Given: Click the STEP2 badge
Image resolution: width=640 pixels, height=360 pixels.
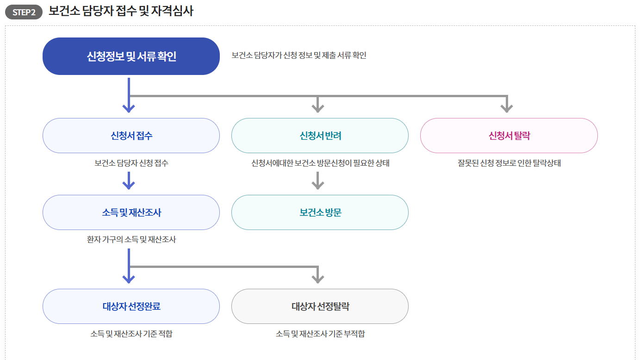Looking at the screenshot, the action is tap(24, 12).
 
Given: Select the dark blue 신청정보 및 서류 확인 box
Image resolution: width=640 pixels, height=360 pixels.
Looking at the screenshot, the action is tap(131, 56).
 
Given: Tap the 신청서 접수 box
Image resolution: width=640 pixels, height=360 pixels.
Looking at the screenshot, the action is tap(131, 136).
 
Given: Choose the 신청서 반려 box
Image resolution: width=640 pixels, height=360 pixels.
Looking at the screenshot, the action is tap(320, 136).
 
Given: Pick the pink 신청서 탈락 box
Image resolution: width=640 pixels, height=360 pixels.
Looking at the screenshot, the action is tap(509, 136).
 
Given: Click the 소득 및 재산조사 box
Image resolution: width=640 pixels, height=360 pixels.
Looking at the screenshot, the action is tap(131, 212).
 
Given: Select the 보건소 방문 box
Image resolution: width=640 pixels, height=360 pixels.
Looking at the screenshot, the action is tap(320, 212).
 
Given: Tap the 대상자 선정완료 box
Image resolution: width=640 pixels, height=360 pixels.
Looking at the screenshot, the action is tap(131, 306).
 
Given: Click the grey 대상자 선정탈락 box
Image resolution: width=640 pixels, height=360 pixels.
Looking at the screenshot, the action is tap(320, 306).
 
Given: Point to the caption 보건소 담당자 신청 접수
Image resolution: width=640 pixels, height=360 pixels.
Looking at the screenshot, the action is tap(131, 163).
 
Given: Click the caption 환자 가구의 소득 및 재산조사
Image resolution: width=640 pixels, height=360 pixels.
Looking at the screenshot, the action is tap(131, 240).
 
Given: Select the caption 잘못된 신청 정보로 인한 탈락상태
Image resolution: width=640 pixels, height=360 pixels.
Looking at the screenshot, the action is tap(509, 163).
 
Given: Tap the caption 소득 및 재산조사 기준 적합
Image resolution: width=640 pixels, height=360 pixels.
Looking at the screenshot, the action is tap(131, 334).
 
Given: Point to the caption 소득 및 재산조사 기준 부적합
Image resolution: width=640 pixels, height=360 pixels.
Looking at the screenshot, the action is tap(320, 334).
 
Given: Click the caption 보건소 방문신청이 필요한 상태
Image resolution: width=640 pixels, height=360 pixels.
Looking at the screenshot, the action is tap(320, 163).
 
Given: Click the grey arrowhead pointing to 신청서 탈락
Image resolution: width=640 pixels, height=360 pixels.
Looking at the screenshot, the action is tap(507, 108).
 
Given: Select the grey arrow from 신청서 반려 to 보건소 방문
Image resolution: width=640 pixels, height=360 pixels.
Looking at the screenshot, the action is tap(317, 181).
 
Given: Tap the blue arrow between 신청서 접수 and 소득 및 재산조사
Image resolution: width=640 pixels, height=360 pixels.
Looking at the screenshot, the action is tap(129, 181).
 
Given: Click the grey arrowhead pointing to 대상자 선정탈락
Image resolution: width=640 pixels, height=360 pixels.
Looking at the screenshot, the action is tap(317, 278).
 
